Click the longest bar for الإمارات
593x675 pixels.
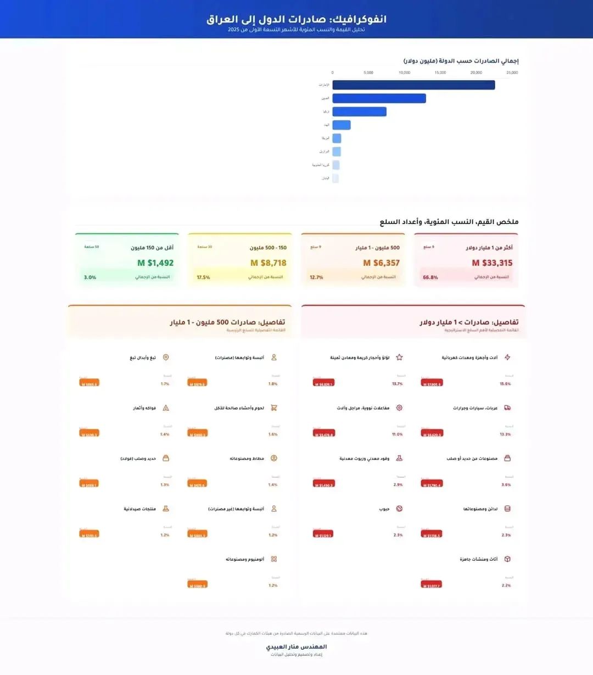(x=413, y=85)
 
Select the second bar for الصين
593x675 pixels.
(x=379, y=98)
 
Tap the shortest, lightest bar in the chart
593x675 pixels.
(x=335, y=178)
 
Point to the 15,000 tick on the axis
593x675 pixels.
(x=440, y=72)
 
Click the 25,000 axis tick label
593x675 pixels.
(x=512, y=72)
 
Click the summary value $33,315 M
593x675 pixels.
(x=492, y=263)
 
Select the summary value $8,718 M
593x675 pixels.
(x=268, y=263)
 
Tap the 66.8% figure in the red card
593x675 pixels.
(x=430, y=277)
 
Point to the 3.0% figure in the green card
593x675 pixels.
(x=90, y=277)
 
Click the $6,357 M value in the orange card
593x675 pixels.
(x=381, y=263)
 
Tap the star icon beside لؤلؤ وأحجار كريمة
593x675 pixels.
(x=399, y=358)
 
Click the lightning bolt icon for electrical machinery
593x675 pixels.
(x=507, y=358)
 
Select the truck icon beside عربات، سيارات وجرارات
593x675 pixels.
(x=507, y=408)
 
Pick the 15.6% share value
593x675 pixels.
(x=505, y=384)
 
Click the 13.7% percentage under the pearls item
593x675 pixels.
(x=398, y=384)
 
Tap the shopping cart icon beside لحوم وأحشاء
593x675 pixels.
(x=274, y=408)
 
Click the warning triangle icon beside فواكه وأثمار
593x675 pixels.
(x=166, y=408)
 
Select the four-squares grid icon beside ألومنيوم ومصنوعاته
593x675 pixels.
(x=274, y=559)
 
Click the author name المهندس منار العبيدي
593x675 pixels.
(x=296, y=647)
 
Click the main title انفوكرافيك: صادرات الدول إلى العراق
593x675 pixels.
(x=296, y=19)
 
